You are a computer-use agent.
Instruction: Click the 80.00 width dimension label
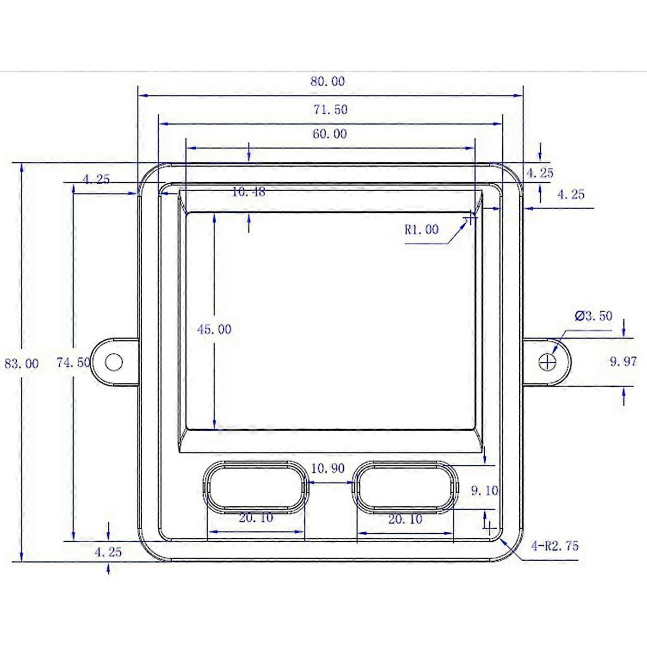[327, 81]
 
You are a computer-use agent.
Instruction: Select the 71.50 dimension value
[331, 110]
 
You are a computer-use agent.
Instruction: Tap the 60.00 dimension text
[330, 134]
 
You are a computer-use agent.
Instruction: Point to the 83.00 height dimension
[22, 363]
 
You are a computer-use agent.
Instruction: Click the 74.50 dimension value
[73, 362]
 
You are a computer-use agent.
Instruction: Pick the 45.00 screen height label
[214, 329]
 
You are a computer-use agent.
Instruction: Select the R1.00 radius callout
[422, 230]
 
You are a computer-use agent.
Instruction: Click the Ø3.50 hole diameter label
[593, 316]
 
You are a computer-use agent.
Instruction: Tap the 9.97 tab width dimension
[623, 362]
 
